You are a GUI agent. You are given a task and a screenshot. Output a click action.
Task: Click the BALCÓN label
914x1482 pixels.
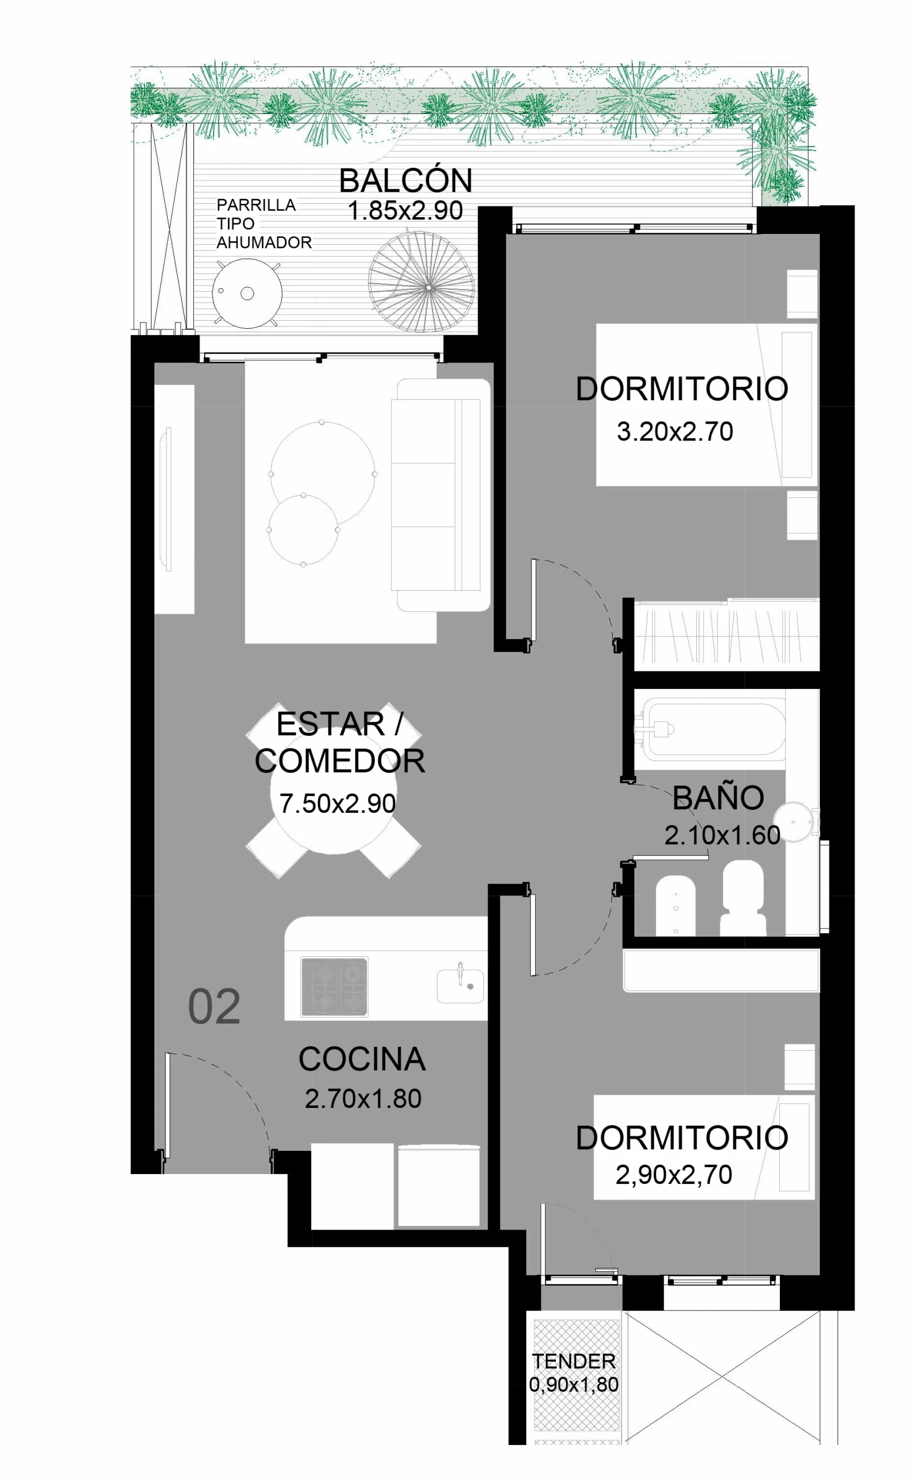point(405,179)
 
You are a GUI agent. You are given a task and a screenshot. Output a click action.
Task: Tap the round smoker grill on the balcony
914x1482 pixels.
point(247,294)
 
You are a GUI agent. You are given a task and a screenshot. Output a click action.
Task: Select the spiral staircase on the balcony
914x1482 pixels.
point(421,288)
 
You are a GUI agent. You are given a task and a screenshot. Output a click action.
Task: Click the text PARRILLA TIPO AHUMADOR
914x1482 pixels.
point(264,224)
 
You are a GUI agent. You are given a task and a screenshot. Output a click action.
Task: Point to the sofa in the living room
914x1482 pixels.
point(440,495)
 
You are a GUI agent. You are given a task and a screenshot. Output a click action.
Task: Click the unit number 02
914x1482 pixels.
point(214,1007)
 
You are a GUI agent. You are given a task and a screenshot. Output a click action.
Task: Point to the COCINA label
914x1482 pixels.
point(362,1059)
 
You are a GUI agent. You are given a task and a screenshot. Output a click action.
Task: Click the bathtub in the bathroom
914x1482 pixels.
point(713,729)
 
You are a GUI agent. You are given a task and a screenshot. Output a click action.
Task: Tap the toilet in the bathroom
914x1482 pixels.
point(743,898)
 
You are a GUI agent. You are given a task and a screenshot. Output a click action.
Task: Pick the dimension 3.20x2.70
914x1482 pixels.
point(675,432)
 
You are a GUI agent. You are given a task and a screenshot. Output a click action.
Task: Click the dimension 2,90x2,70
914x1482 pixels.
point(674,1175)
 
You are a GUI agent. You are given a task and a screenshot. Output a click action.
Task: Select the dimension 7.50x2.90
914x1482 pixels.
point(337,804)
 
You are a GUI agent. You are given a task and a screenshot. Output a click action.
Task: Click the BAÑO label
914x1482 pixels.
point(718,797)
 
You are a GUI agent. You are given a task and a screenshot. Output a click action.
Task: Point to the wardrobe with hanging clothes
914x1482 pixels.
point(726,635)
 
